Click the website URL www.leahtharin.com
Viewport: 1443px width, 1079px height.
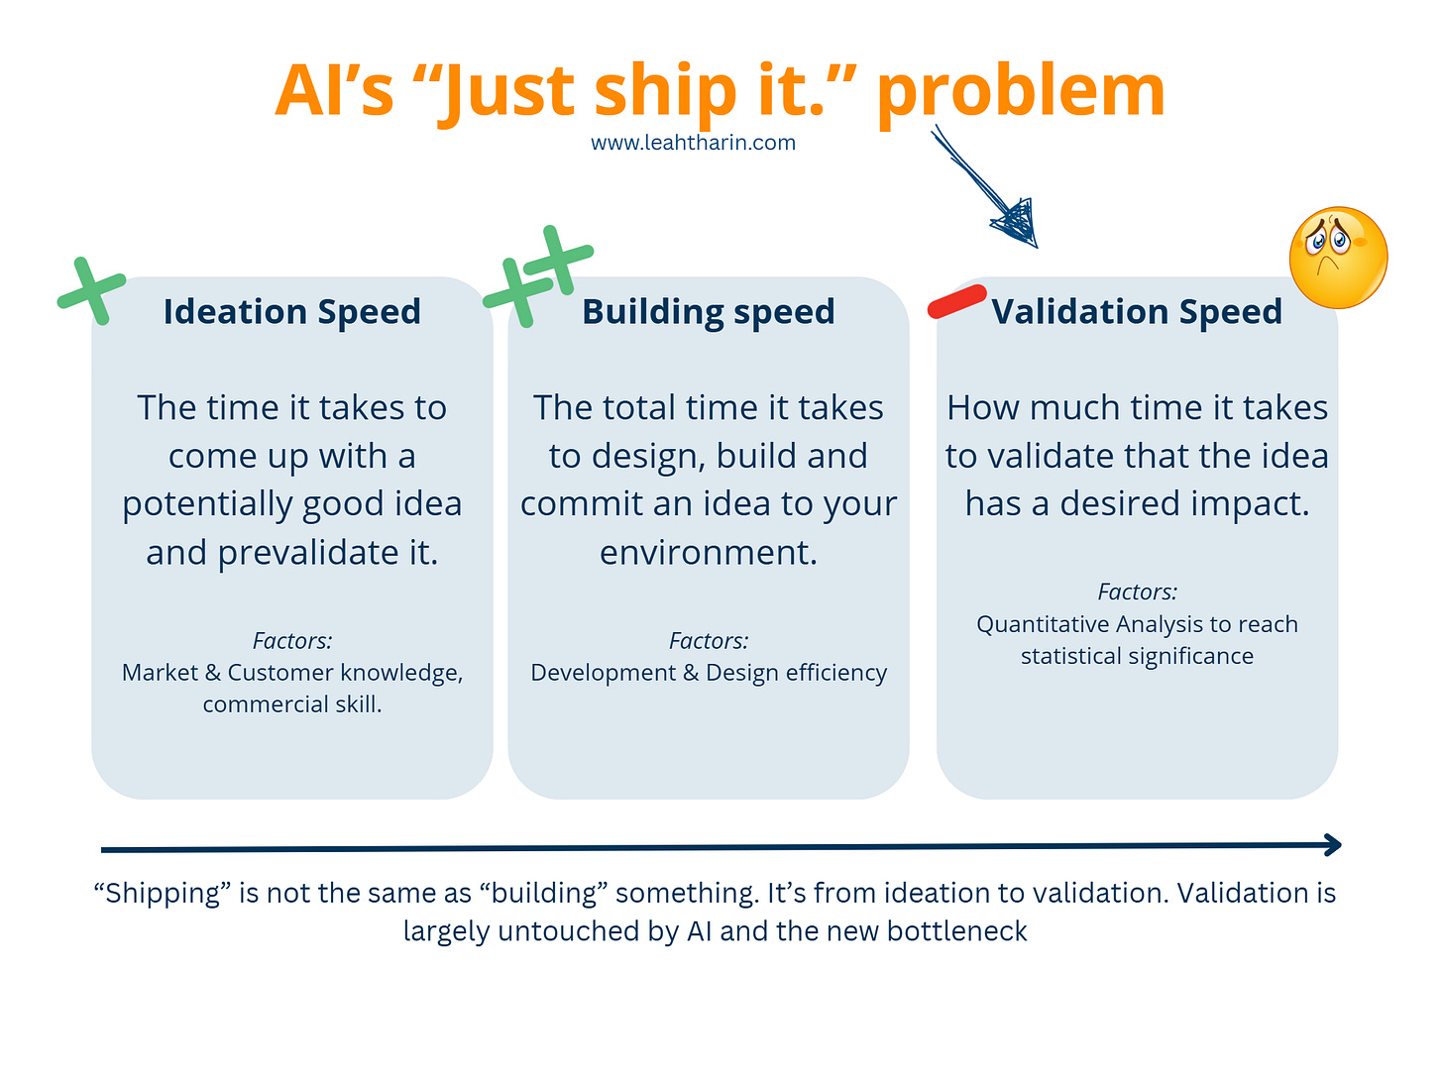693,143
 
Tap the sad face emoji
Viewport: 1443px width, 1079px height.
1337,257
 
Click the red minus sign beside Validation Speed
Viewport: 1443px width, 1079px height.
956,302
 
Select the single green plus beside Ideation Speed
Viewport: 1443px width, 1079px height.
92,290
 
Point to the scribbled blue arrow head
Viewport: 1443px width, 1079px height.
1018,223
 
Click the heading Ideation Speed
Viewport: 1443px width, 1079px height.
292,312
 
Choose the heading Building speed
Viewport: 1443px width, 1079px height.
708,312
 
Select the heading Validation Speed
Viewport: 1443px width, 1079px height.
1137,312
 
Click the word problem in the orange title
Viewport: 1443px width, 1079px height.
1021,92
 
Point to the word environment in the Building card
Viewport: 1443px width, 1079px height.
708,553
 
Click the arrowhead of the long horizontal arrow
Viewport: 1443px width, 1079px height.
1333,845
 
